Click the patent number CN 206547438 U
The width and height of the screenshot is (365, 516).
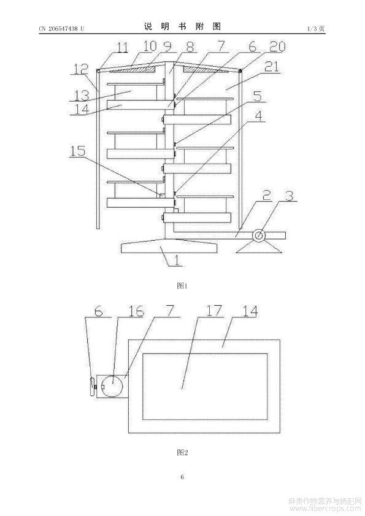[61, 29]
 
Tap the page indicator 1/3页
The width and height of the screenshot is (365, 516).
[316, 29]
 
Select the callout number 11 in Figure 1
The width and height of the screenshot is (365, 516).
[123, 47]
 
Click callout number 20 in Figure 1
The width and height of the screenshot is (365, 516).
[277, 47]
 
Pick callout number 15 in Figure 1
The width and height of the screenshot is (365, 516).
[78, 151]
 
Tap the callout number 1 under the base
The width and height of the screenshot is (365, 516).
[177, 260]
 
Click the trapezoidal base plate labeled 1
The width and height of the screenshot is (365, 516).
[169, 246]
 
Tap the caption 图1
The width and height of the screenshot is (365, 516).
[182, 286]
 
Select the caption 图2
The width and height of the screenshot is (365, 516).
[182, 452]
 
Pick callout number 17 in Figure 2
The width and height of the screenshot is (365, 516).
[214, 311]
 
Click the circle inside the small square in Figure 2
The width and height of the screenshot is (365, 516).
[112, 385]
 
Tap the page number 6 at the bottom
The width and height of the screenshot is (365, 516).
[182, 477]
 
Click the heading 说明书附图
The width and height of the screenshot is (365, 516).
[182, 26]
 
